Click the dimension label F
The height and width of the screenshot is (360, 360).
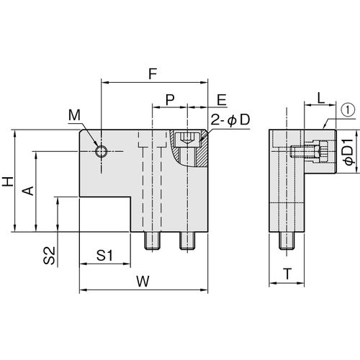tap(153, 74)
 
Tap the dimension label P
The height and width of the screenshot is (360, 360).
tap(170, 99)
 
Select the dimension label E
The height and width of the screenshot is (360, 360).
tap(222, 100)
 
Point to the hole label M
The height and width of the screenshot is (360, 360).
tap(74, 115)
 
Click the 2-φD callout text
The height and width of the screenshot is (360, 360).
tap(230, 120)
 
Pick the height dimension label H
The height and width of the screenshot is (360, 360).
tap(8, 181)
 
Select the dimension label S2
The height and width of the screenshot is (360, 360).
tap(50, 256)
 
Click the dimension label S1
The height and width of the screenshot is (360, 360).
tap(104, 256)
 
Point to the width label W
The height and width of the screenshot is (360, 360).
tap(143, 282)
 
